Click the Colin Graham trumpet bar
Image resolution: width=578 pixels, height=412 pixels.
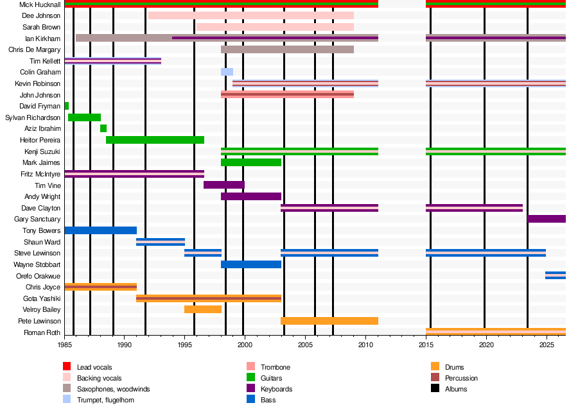[x=227, y=72]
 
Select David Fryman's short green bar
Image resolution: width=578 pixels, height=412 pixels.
[x=66, y=106]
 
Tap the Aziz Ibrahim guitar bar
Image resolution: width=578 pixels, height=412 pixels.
[x=103, y=128]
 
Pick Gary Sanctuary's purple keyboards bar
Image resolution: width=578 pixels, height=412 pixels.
[x=547, y=219]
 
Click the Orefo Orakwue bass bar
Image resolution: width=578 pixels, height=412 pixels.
[x=556, y=275]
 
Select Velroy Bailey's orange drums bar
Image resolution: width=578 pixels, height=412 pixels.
[x=203, y=309]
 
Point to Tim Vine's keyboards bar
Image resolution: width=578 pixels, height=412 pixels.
[x=224, y=185]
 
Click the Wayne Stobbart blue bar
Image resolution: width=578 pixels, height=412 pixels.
[x=251, y=264]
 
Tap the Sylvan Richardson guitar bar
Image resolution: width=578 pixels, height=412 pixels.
[x=84, y=117]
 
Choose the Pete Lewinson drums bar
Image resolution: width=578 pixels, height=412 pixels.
[x=329, y=321]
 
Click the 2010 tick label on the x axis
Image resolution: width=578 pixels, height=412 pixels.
[x=365, y=345]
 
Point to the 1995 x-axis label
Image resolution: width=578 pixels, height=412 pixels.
[x=185, y=345]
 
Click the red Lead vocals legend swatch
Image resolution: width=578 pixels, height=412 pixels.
[x=67, y=366]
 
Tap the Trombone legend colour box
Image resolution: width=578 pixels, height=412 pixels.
[x=250, y=366]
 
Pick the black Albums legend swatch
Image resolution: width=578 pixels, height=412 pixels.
[x=435, y=388]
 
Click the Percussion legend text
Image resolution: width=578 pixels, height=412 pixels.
[x=461, y=378]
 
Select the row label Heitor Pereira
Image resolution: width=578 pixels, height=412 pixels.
[x=40, y=140]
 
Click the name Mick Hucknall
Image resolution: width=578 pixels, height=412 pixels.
[x=40, y=4]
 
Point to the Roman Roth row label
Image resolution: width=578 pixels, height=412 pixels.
[x=42, y=332]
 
